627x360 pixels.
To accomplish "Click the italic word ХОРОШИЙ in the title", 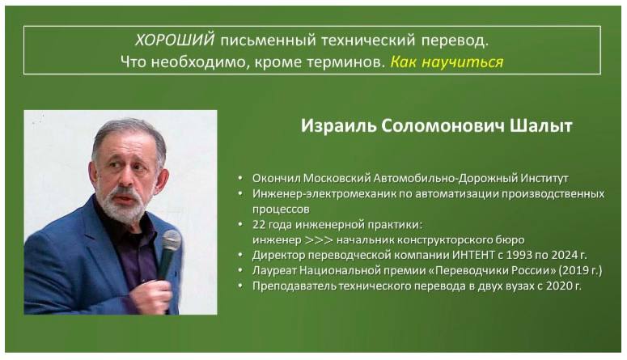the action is [x=175, y=40].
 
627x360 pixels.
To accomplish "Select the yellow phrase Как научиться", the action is [x=447, y=62].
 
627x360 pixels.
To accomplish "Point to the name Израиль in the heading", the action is [x=339, y=126].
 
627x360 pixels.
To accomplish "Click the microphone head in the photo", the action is [x=172, y=240].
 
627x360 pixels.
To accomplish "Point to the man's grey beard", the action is [x=120, y=204].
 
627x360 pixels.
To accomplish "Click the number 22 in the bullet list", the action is [x=259, y=224].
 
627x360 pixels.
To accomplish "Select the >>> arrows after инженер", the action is [x=319, y=240].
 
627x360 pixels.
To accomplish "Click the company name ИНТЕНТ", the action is [x=473, y=255].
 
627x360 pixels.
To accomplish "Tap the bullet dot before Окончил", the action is [x=240, y=179].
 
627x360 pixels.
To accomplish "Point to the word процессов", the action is [x=281, y=210].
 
